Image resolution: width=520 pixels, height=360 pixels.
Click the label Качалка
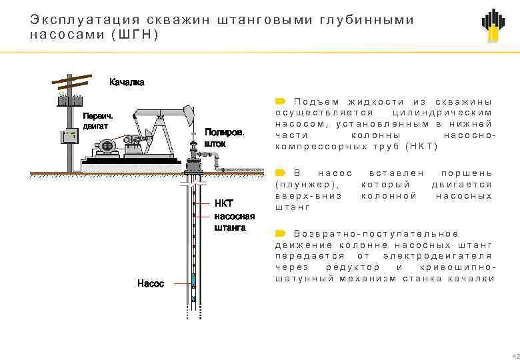127,82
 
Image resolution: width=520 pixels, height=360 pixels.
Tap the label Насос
150,283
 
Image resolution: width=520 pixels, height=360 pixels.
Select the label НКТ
223,203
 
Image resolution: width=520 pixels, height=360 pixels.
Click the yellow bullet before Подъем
280,101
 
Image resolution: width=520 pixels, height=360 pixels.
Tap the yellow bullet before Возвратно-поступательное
280,233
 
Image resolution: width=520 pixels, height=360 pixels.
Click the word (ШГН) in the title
136,34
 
